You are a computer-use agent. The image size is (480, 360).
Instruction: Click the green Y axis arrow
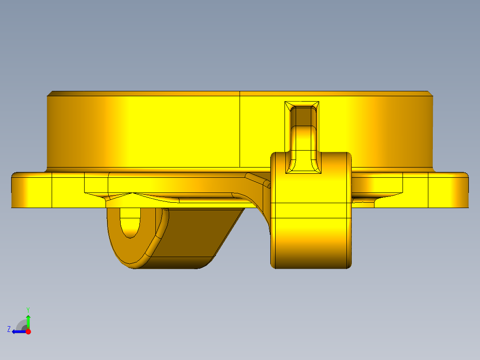coord(28,321)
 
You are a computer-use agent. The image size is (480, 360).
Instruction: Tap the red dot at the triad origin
coord(28,331)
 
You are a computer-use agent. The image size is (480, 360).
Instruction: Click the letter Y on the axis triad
coord(28,310)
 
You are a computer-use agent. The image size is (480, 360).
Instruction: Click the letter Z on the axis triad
coord(9,329)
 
